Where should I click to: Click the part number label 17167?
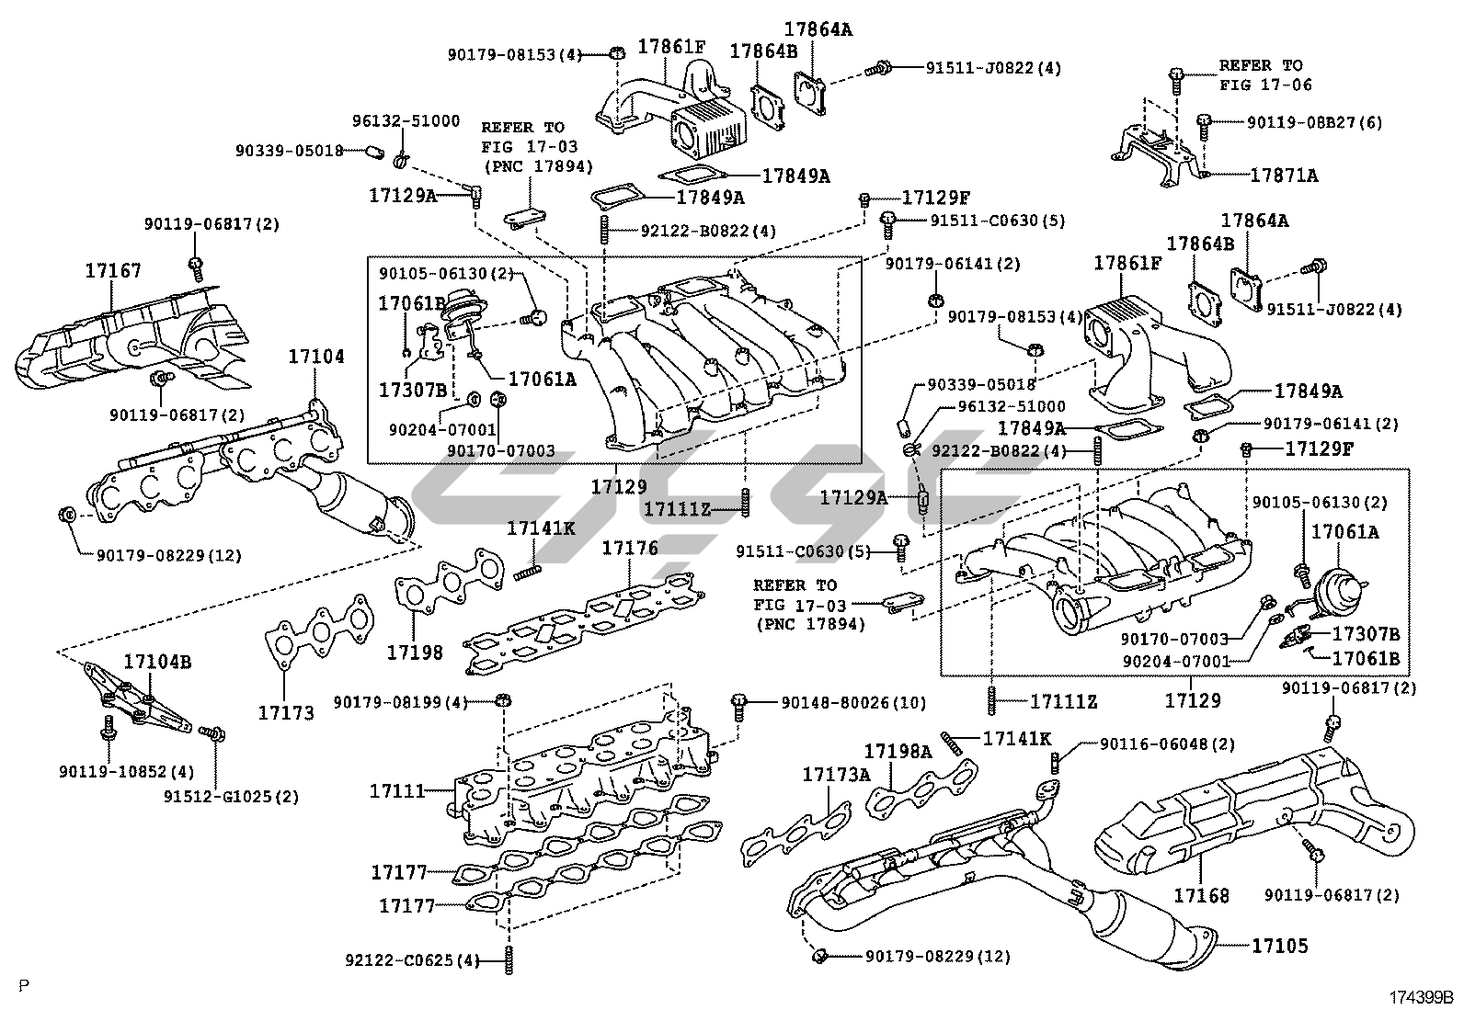[113, 271]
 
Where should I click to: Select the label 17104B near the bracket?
[157, 662]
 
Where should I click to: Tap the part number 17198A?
[898, 752]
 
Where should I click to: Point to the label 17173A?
[835, 775]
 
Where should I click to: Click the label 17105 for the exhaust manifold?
[1278, 946]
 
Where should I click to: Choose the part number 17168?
[1201, 894]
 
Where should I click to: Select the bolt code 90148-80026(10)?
[853, 703]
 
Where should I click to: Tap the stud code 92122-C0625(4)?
[413, 960]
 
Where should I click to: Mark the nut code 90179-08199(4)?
[400, 703]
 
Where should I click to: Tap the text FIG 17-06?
[1265, 85]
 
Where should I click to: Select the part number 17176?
[630, 549]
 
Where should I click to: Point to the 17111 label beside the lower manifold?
[397, 790]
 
